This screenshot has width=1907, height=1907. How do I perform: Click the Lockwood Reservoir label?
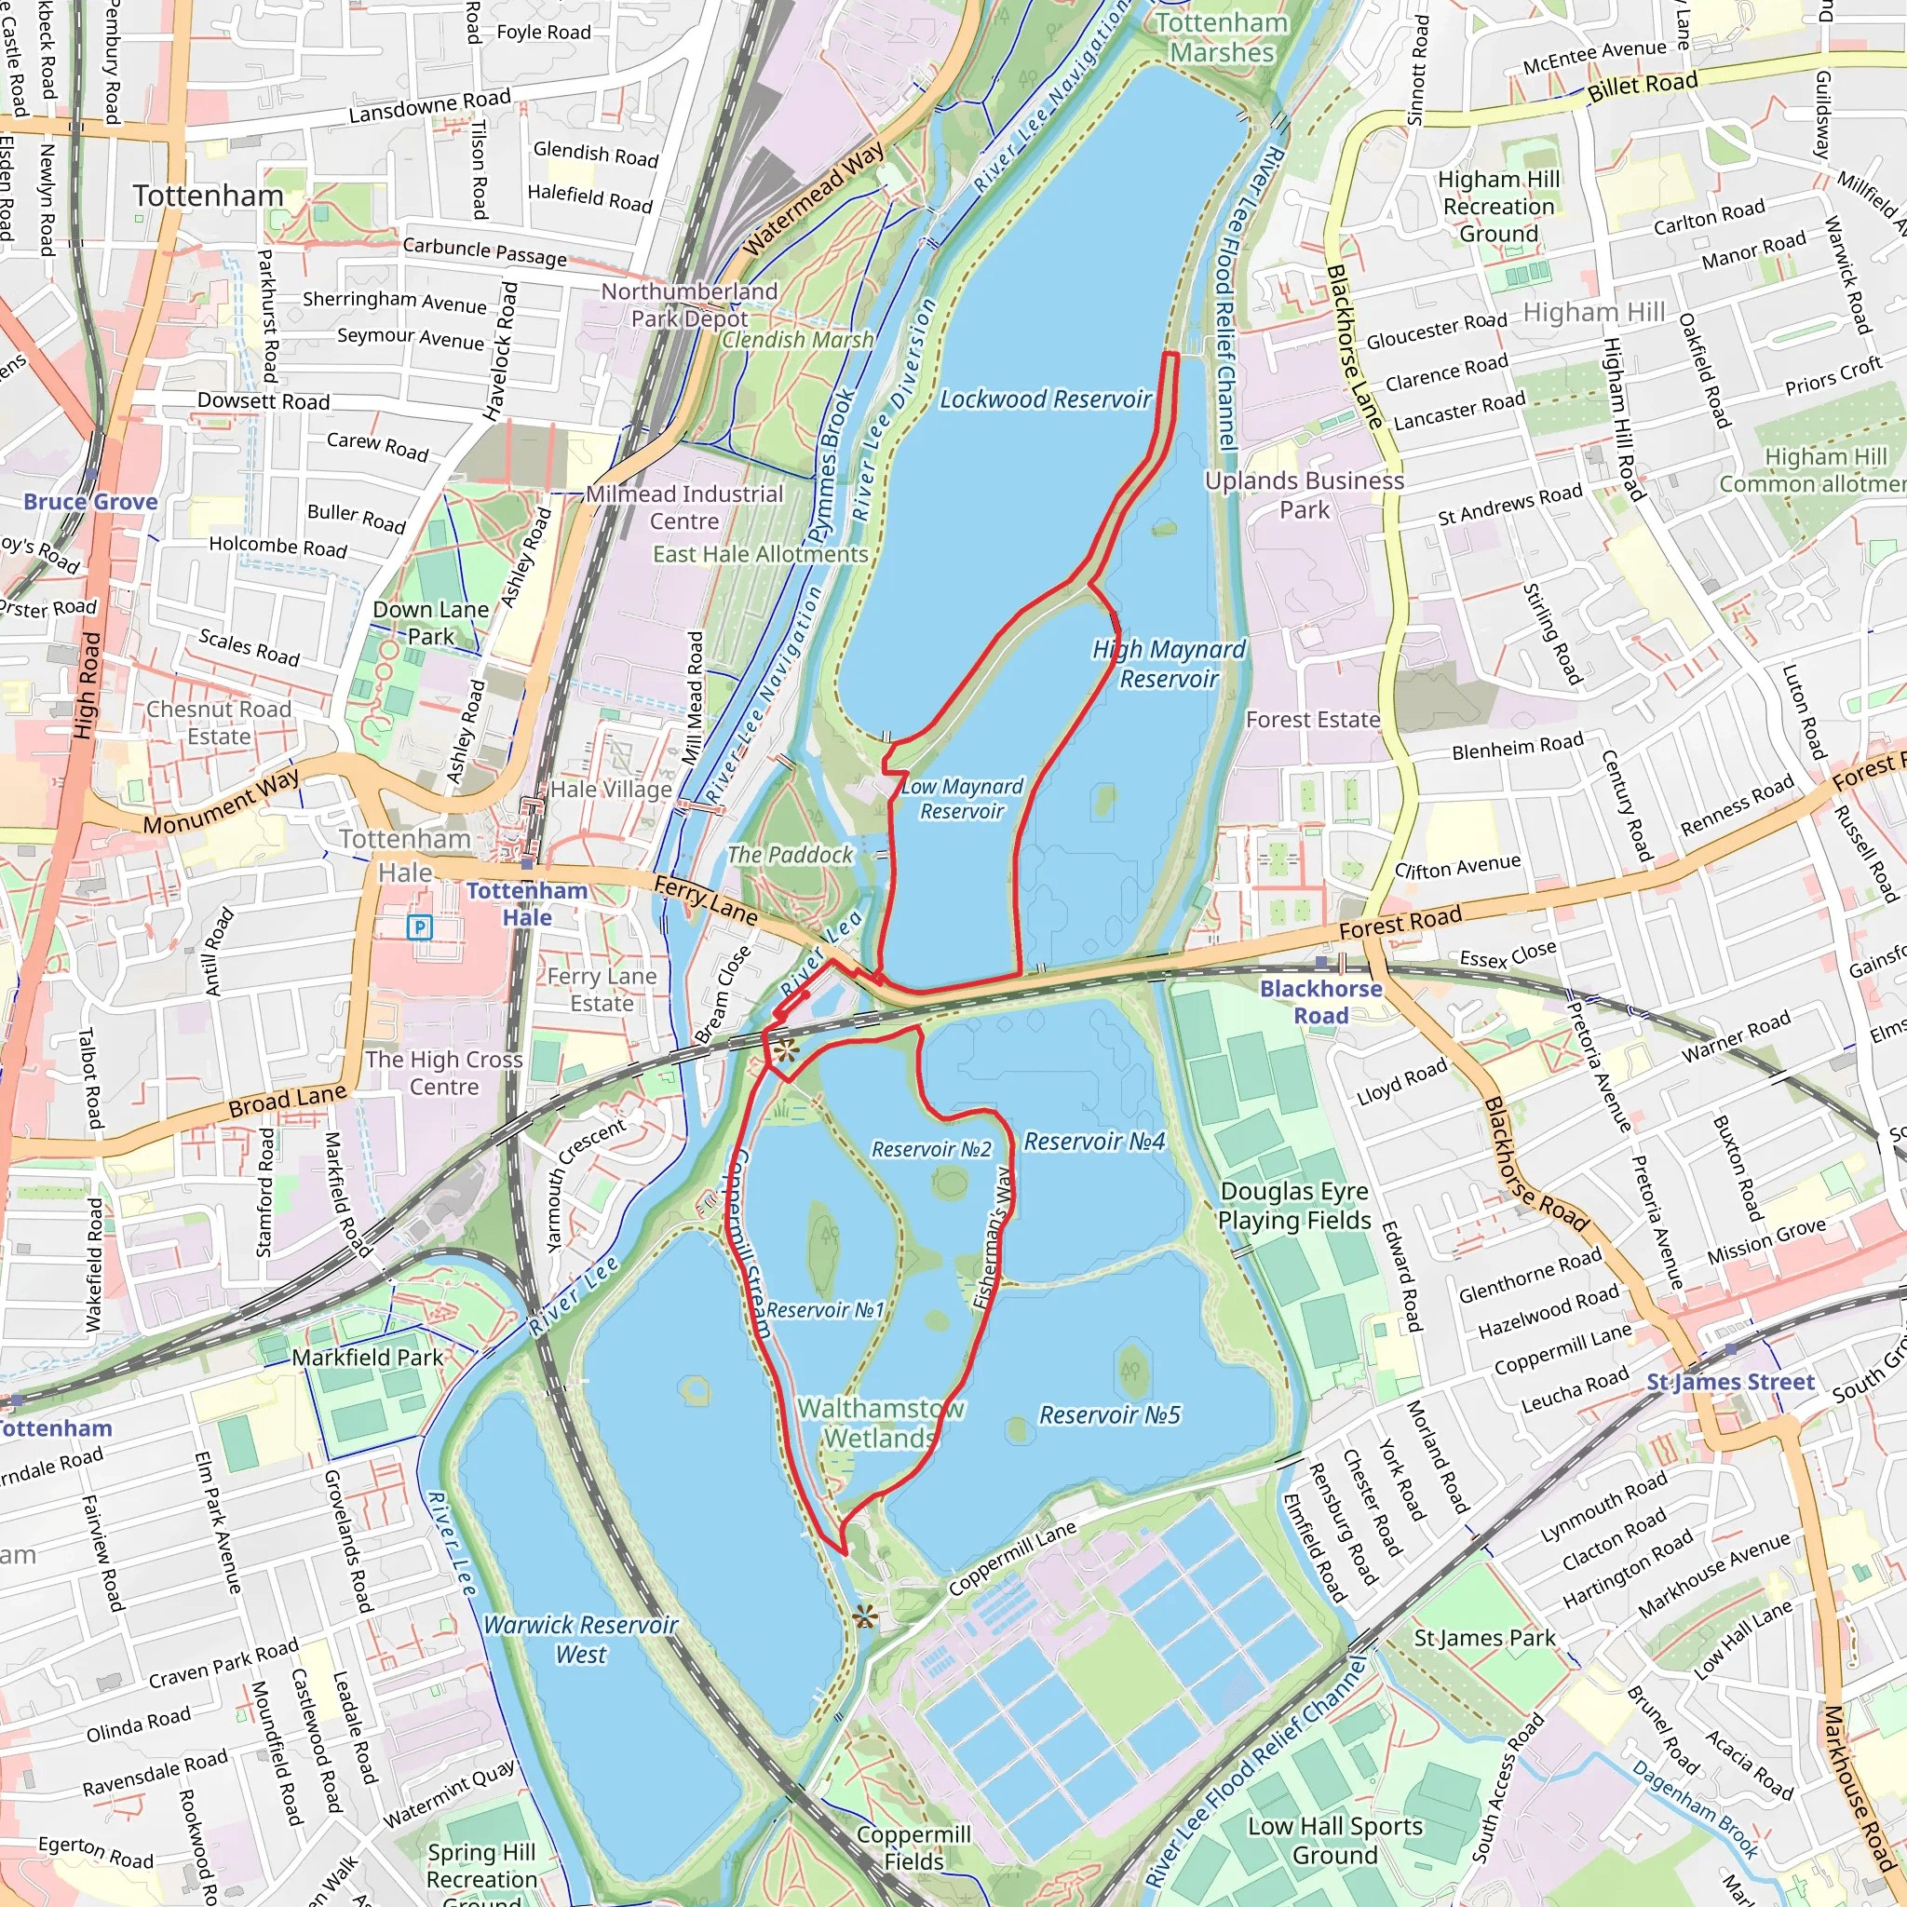[x=1045, y=399]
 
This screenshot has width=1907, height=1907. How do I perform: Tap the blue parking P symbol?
[x=421, y=926]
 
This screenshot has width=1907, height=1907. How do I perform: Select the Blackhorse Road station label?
[x=1320, y=1002]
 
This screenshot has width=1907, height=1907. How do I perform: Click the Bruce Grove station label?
[x=91, y=502]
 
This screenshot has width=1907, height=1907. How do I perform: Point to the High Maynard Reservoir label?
[x=1169, y=663]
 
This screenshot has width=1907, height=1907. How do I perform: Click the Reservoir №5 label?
[x=1109, y=1415]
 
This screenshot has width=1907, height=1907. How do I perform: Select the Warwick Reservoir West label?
[x=580, y=1639]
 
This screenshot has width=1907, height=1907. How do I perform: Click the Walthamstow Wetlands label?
[x=881, y=1423]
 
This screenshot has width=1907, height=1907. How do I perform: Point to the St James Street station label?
[x=1729, y=1382]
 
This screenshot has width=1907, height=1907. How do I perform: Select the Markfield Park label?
[x=367, y=1358]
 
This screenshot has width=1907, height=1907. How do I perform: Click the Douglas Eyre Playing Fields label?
[x=1294, y=1205]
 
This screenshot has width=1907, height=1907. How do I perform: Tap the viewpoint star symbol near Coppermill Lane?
[x=865, y=1616]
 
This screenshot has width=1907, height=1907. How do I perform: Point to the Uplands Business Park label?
[x=1304, y=494]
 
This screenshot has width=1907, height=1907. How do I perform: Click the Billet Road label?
[x=1643, y=86]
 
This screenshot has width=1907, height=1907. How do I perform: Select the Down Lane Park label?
[x=430, y=623]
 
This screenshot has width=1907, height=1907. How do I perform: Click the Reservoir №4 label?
[x=1094, y=1142]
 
